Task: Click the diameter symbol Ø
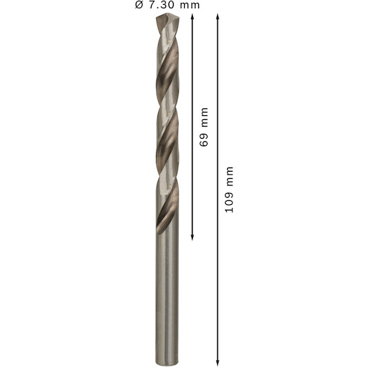pos(139,5)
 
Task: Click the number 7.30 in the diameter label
pos(161,5)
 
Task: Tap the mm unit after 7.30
pos(190,6)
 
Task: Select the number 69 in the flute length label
pos(204,140)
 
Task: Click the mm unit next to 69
pos(204,117)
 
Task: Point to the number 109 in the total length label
pos(229,202)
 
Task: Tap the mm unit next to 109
pos(230,176)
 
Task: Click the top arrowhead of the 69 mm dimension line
pos(192,17)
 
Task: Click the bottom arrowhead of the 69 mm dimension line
pos(192,237)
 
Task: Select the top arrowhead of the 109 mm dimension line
pos(217,17)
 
